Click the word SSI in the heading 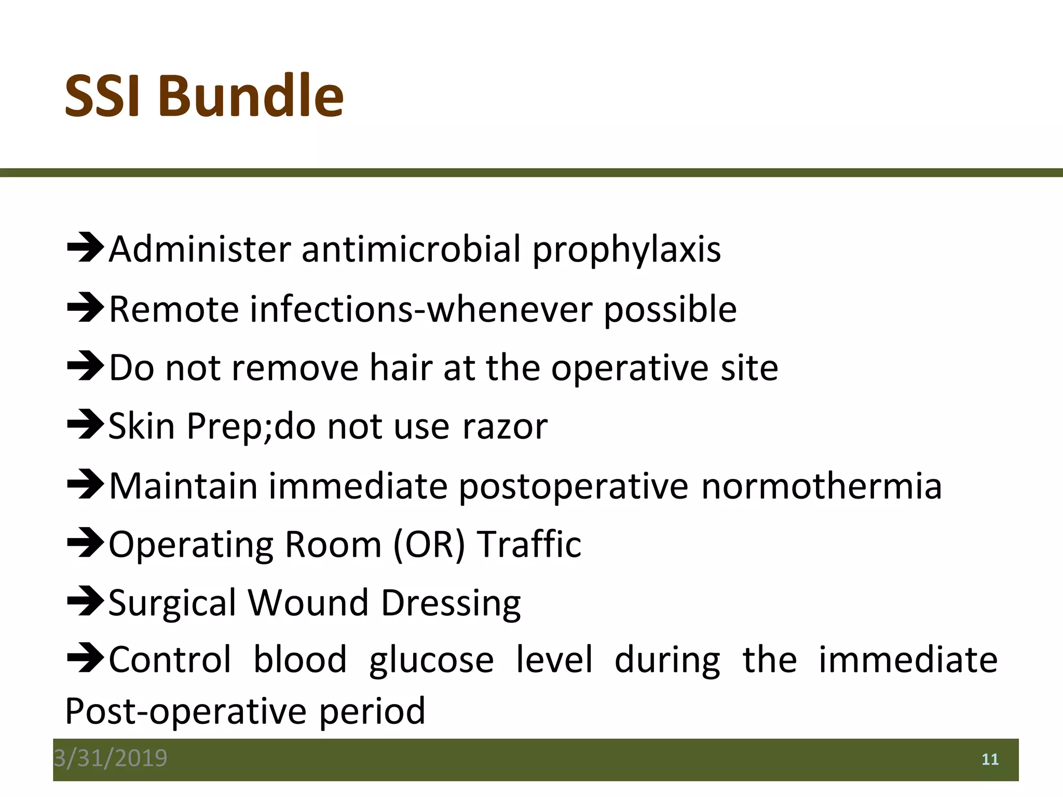click(x=102, y=97)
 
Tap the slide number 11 click(x=990, y=760)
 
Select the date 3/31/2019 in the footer click(x=111, y=758)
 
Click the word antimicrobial click(x=411, y=249)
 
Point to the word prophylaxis click(x=626, y=250)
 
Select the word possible click(x=670, y=309)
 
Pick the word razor click(x=505, y=427)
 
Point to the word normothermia click(x=821, y=486)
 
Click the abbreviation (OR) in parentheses click(x=429, y=545)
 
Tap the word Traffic click(x=529, y=544)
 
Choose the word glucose click(x=431, y=661)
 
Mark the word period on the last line click(x=372, y=711)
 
